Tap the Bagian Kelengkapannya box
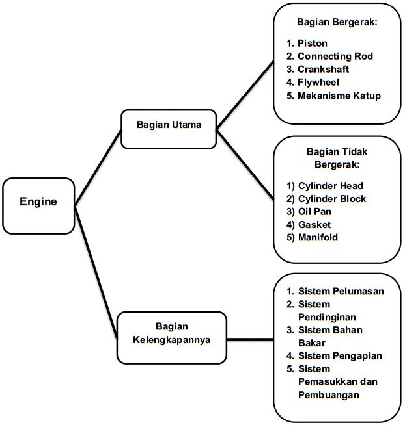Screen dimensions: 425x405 click(x=171, y=337)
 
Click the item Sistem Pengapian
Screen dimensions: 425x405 click(x=340, y=355)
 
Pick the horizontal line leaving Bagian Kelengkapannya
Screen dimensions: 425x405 click(x=250, y=338)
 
